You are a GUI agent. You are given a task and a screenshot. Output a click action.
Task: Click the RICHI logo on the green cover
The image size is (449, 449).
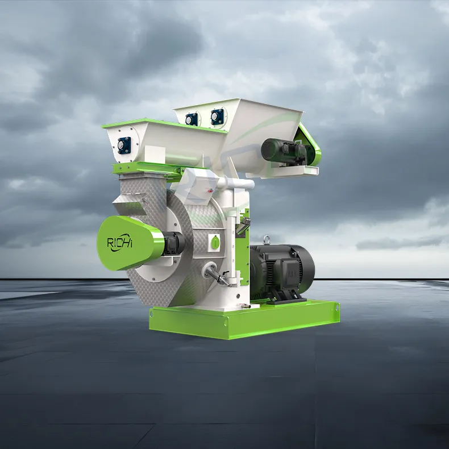point(120,243)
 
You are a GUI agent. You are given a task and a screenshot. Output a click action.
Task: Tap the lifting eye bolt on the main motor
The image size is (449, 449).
point(267,240)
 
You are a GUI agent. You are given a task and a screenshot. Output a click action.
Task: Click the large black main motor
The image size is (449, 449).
point(282,272)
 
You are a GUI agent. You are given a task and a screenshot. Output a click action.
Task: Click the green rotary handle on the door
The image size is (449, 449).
point(215,243)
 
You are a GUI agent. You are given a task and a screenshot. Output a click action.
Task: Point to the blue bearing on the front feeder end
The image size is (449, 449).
point(124,145)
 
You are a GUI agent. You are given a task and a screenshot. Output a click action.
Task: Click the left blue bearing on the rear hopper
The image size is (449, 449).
point(192,119)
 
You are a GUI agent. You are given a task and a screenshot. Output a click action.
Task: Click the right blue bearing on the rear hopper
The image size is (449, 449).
point(217,117)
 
